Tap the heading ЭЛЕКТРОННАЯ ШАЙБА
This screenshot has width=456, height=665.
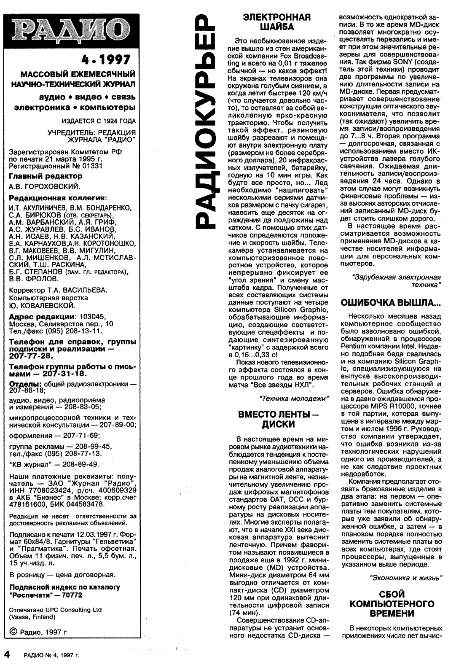click(x=277, y=22)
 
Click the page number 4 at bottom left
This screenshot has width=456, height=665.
click(x=7, y=654)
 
